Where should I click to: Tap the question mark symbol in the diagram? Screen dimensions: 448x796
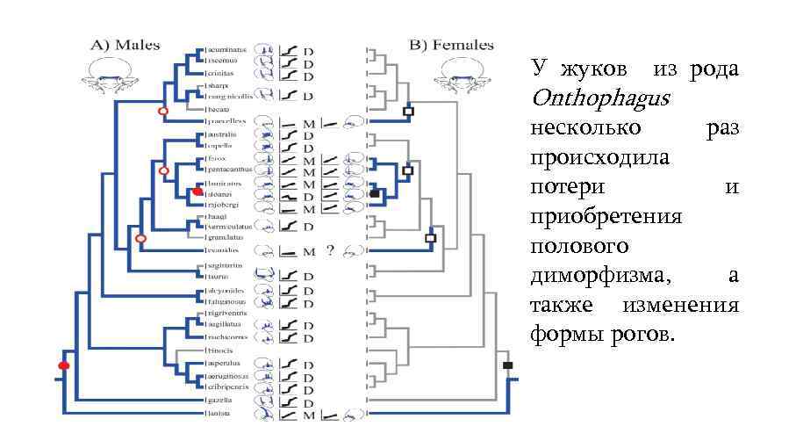(330, 250)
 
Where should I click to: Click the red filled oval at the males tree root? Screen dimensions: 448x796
(63, 365)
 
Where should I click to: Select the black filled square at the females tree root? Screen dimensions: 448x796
(507, 365)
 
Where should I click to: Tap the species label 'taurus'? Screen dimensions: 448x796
(218, 275)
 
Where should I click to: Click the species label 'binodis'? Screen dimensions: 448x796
(219, 350)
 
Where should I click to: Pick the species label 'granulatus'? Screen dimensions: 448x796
(225, 237)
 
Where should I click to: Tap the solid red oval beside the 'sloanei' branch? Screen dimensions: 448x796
(197, 191)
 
